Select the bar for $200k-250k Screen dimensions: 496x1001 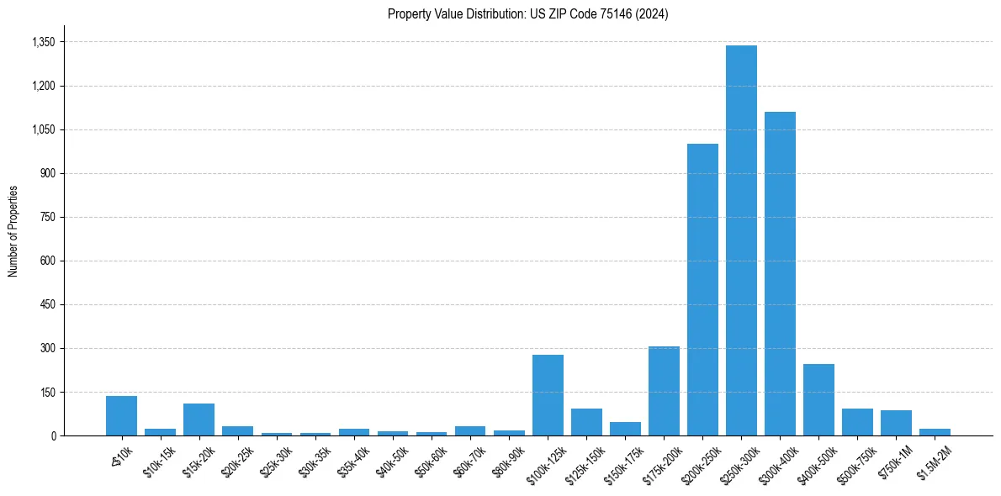point(702,290)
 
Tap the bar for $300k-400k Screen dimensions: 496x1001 point(780,274)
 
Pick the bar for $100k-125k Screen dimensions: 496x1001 point(548,395)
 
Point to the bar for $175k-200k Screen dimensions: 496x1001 point(664,391)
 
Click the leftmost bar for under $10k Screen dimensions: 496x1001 point(121,415)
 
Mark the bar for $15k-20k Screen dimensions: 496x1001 point(199,419)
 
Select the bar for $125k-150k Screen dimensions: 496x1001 point(586,422)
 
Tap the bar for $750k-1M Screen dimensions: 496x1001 point(896,423)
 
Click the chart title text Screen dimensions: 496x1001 point(527,14)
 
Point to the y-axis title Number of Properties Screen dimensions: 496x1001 point(13,231)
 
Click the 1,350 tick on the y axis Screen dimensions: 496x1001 point(43,42)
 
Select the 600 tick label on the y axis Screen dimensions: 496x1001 point(47,261)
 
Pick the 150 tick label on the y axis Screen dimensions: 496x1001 point(47,392)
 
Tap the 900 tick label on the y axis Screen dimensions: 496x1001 point(47,173)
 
